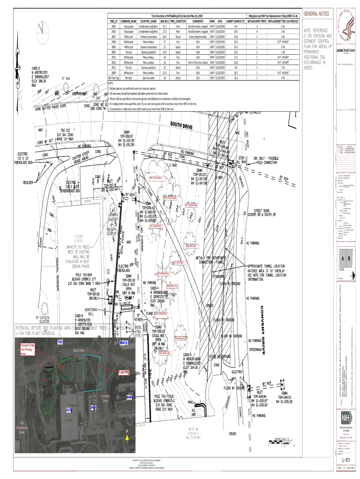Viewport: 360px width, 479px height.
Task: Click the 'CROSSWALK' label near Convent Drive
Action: click(258, 349)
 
